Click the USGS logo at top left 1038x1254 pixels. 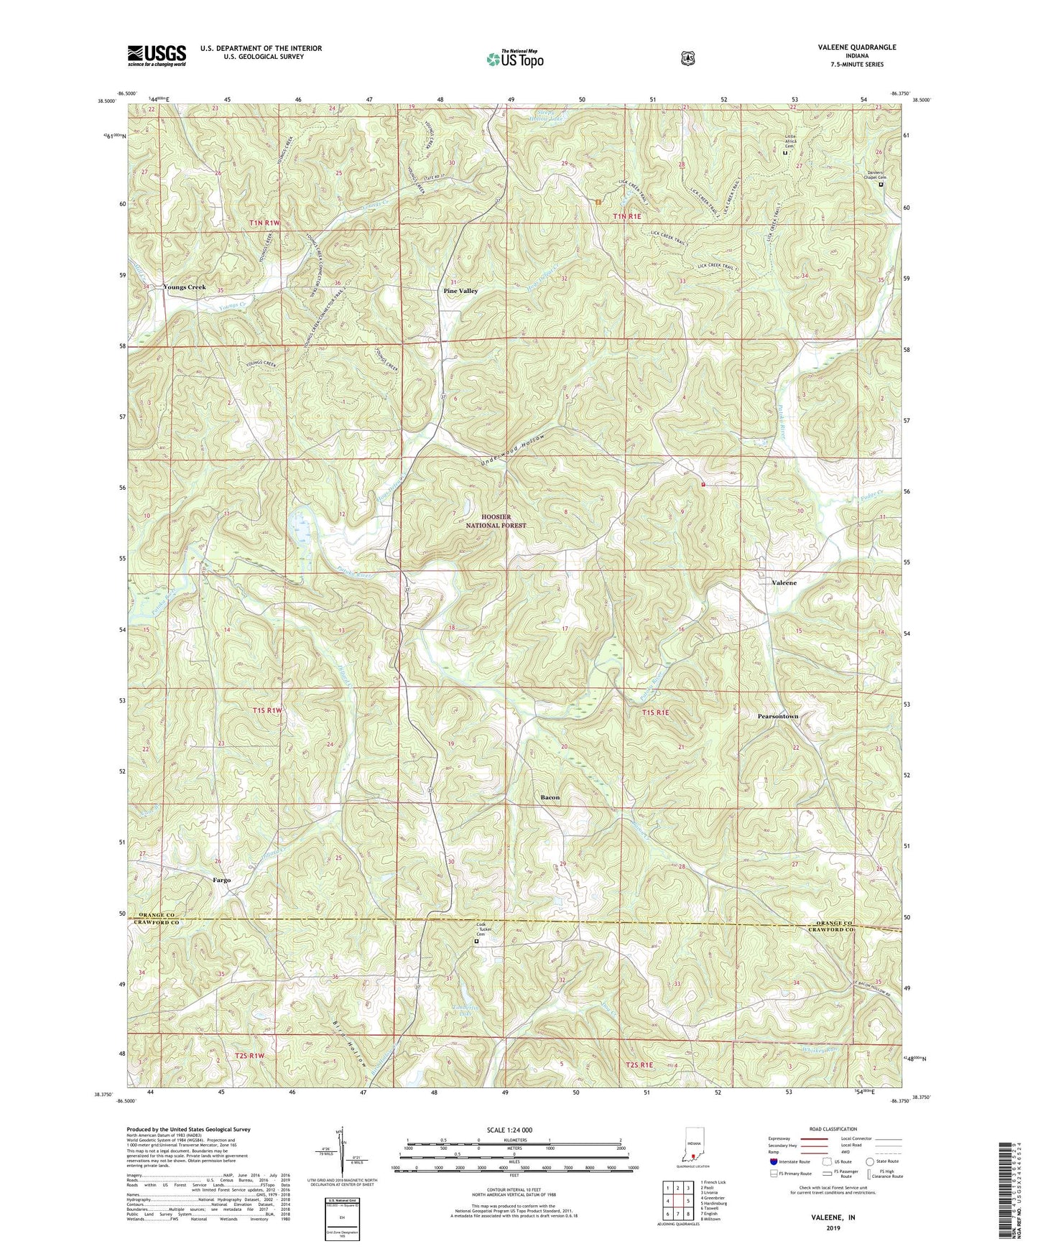[x=157, y=55]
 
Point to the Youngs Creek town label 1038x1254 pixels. [x=185, y=287]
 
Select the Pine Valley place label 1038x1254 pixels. [x=460, y=291]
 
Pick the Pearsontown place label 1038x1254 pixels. [x=778, y=716]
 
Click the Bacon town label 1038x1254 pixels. [x=550, y=797]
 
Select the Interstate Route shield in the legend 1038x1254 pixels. [x=773, y=1161]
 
